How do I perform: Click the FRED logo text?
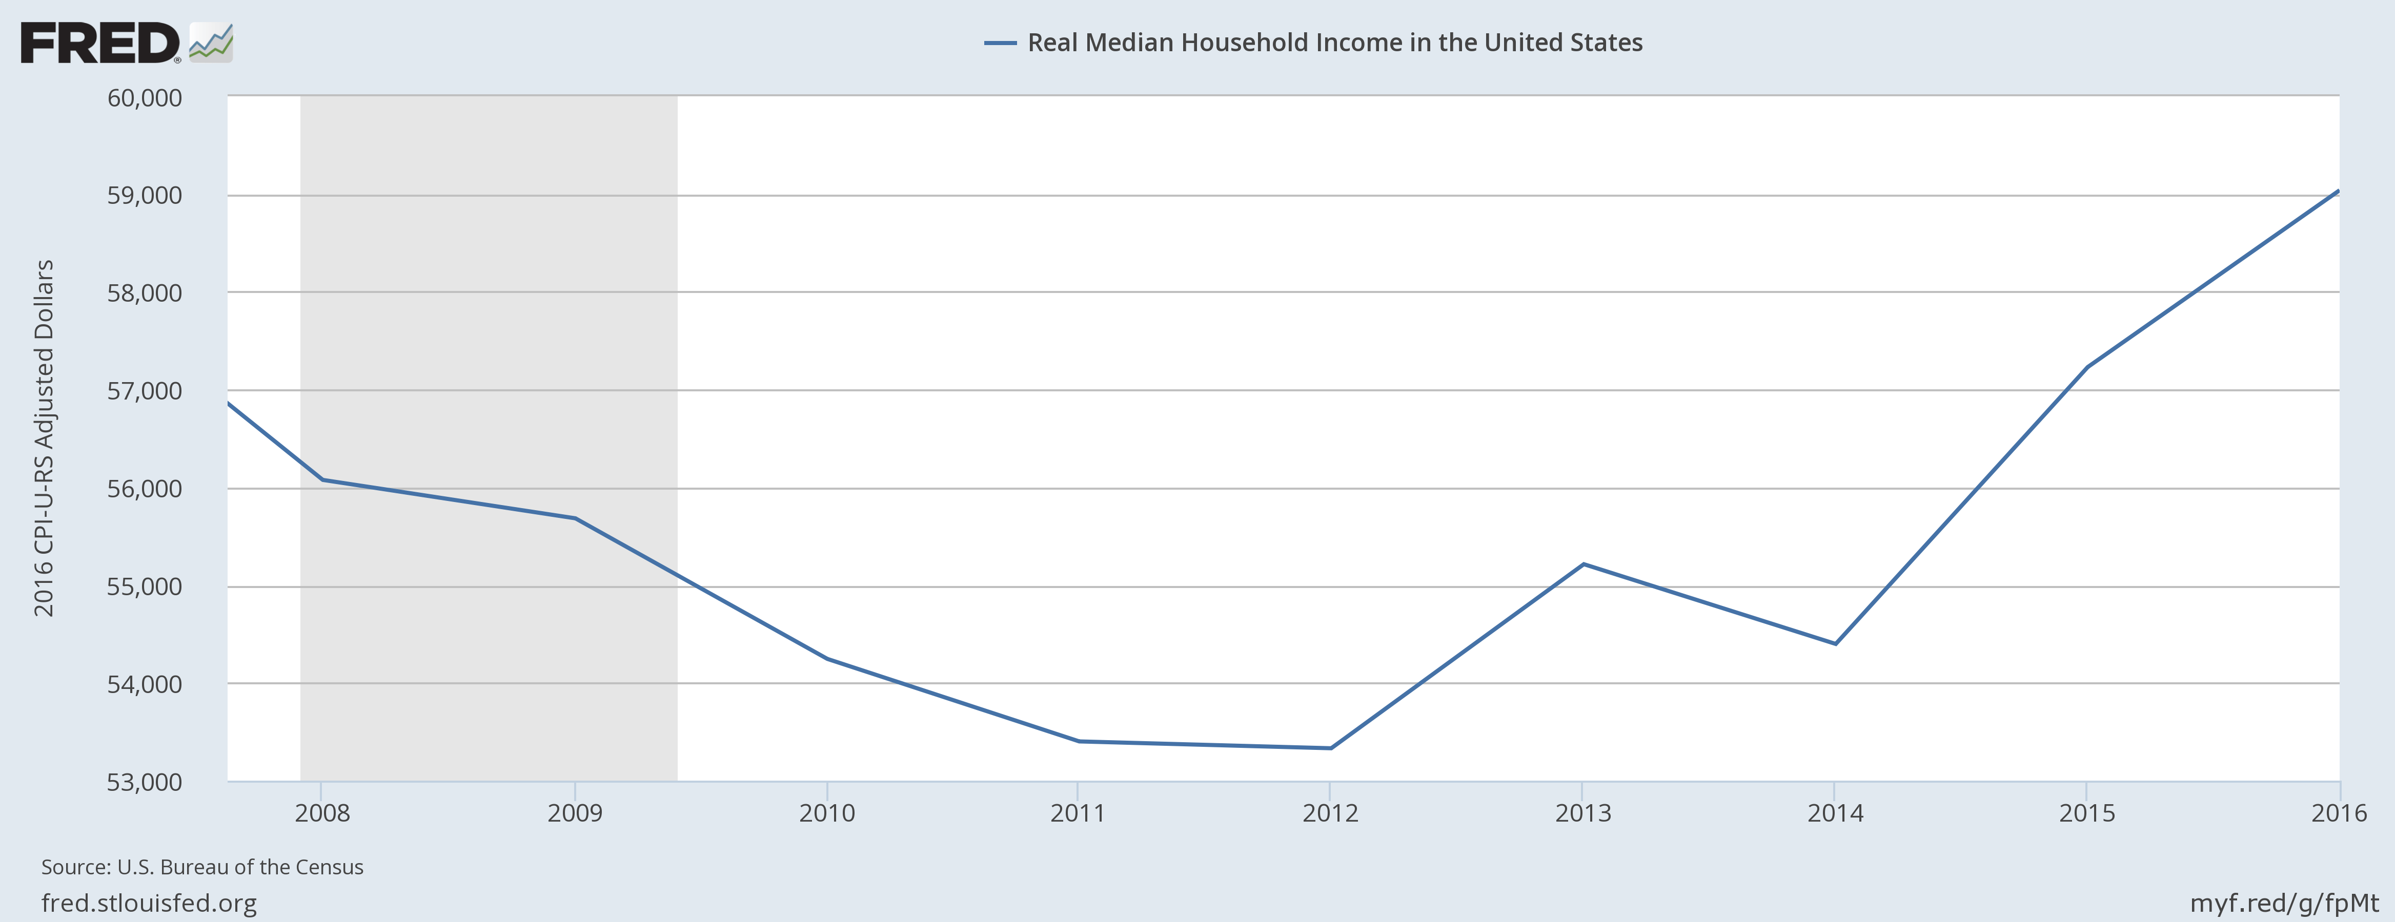pyautogui.click(x=99, y=44)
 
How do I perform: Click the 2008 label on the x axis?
pyautogui.click(x=322, y=813)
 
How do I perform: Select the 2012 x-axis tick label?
pyautogui.click(x=1330, y=813)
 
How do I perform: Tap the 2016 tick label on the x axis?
pyautogui.click(x=2338, y=813)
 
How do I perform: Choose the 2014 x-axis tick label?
pyautogui.click(x=1835, y=813)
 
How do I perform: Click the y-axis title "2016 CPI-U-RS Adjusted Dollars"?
pyautogui.click(x=44, y=438)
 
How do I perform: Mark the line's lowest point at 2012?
pyautogui.click(x=1330, y=748)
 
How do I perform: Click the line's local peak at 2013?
pyautogui.click(x=1584, y=564)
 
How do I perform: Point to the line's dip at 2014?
pyautogui.click(x=1835, y=643)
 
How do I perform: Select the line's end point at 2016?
pyautogui.click(x=2338, y=191)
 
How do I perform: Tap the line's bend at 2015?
pyautogui.click(x=2087, y=367)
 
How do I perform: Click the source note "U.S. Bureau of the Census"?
pyautogui.click(x=202, y=867)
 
